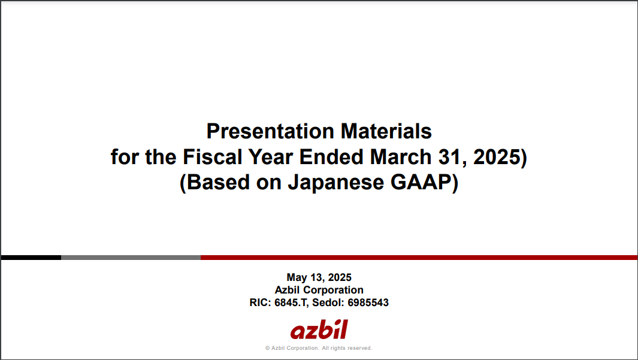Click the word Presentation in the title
[x=270, y=131]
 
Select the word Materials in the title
[x=386, y=131]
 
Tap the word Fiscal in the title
[x=213, y=157]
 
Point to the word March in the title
[x=401, y=157]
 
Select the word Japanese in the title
[x=335, y=182]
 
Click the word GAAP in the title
[x=421, y=182]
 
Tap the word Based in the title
[x=218, y=182]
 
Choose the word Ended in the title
[x=331, y=157]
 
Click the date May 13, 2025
[x=319, y=277]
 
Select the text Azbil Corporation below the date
[x=319, y=290]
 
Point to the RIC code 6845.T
[x=291, y=302]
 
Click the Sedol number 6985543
[x=368, y=302]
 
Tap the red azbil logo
[x=319, y=330]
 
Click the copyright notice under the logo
[x=319, y=348]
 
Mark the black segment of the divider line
[x=31, y=258]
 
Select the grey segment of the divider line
[x=131, y=258]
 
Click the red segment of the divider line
[x=419, y=258]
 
